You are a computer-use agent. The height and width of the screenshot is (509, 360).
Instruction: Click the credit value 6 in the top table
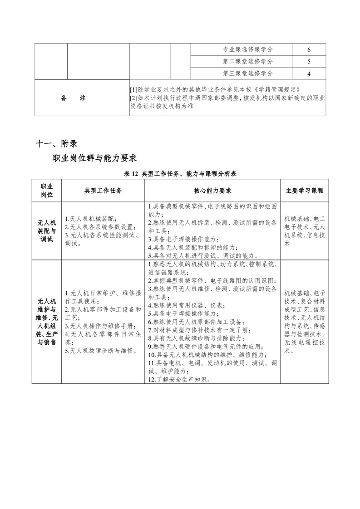[309, 49]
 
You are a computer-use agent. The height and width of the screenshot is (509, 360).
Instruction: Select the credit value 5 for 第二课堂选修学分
[309, 61]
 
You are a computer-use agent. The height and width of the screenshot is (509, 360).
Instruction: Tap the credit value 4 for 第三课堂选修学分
[309, 73]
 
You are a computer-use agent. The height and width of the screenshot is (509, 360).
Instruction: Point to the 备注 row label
[73, 98]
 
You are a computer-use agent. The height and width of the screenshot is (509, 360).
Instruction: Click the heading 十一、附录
[56, 143]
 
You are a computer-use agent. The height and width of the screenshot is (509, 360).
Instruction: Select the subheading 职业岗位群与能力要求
[94, 158]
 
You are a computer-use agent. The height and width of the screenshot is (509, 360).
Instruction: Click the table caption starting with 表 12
[180, 174]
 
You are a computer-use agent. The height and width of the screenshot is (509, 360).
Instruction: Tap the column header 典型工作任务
[103, 191]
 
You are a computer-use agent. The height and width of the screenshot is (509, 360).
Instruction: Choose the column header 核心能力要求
[212, 191]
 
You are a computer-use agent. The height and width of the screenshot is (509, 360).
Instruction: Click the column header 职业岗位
[47, 191]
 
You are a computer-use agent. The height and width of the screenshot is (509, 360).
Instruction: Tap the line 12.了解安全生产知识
[180, 379]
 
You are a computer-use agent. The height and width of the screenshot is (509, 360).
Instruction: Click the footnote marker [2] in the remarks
[133, 98]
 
